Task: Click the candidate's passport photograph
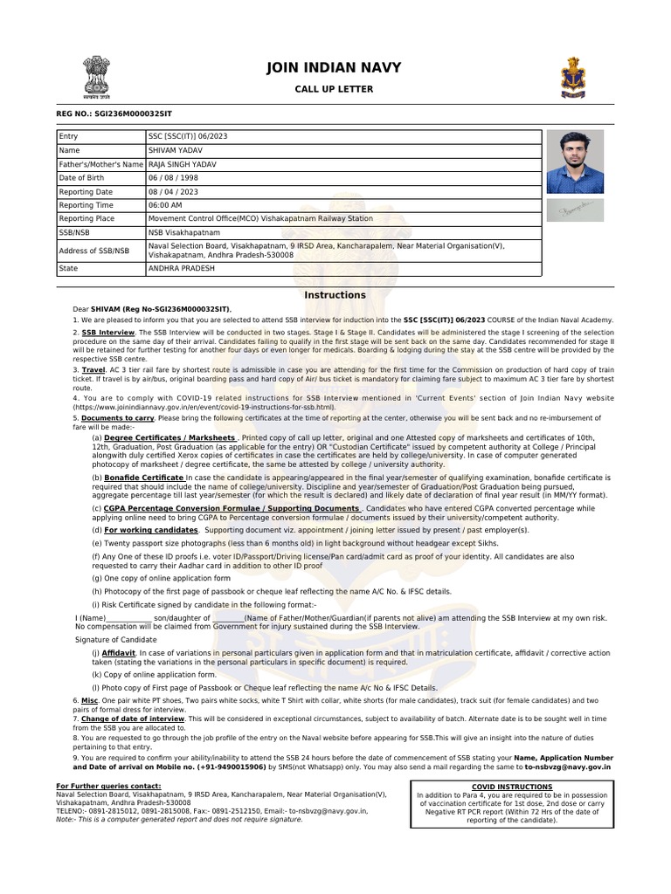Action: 575,162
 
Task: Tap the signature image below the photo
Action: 575,210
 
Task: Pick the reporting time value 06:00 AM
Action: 166,204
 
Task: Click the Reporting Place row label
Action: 86,218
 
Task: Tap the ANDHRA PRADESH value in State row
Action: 181,269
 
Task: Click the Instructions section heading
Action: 335,295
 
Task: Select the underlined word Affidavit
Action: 119,652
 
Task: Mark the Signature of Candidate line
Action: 115,639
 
